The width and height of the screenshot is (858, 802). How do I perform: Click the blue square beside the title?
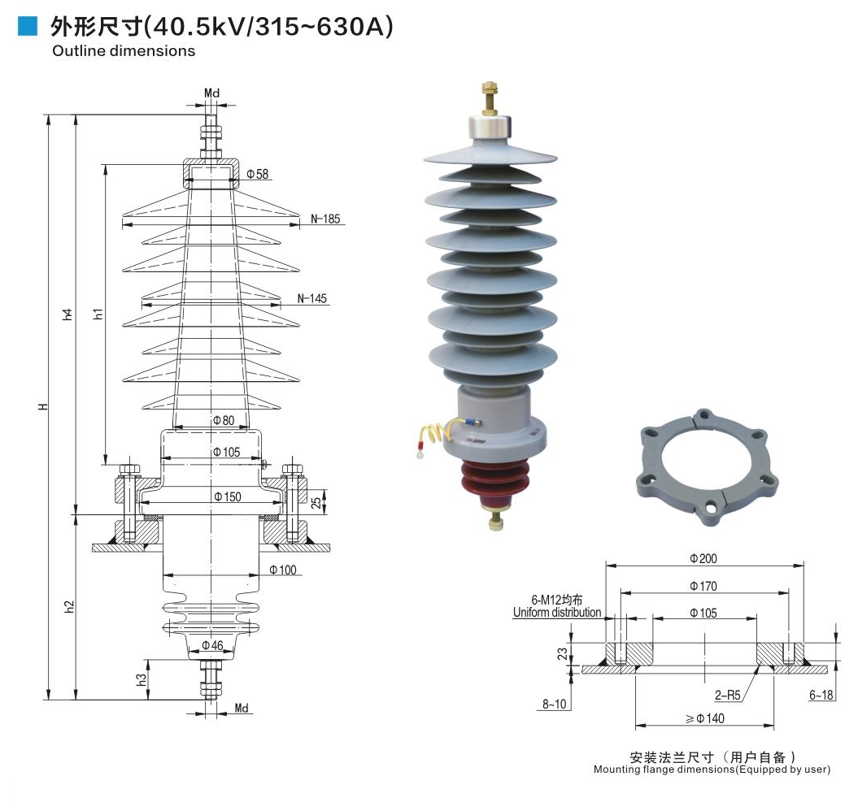27,27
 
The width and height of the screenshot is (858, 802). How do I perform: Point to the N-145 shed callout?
311,298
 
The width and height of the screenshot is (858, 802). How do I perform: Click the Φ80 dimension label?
223,421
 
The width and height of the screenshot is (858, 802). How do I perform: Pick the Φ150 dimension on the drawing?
227,496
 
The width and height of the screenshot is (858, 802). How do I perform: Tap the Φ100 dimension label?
282,570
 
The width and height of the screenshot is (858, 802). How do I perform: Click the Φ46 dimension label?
212,645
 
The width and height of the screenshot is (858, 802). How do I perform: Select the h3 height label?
142,678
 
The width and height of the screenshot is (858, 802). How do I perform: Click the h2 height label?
69,605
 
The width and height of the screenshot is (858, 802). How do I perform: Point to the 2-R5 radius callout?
729,696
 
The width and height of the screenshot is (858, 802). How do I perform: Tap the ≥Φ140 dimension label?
703,718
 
